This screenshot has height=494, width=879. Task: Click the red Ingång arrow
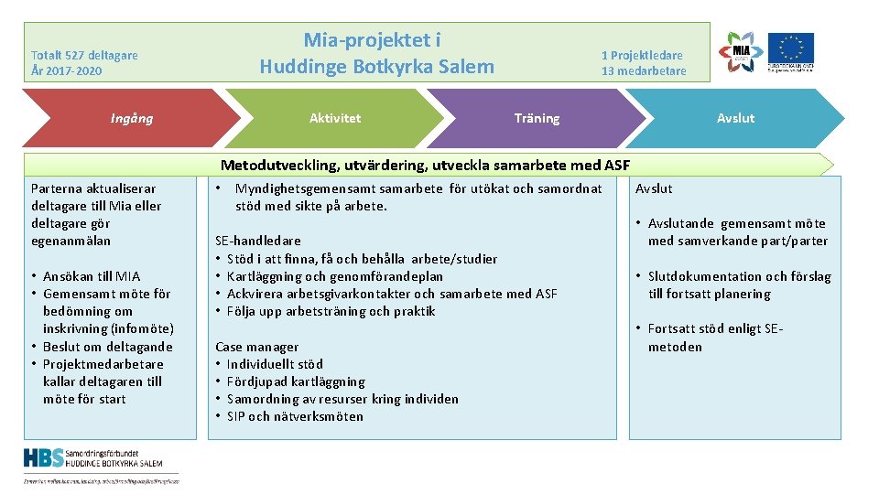(x=132, y=118)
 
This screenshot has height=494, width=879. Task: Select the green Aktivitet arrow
(x=335, y=118)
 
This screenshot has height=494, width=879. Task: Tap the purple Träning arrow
(x=537, y=118)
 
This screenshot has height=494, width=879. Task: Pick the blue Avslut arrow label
(x=735, y=118)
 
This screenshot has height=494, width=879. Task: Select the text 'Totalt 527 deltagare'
(x=84, y=55)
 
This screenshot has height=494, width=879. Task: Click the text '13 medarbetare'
(x=643, y=71)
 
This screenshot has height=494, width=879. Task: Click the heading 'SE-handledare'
(x=256, y=242)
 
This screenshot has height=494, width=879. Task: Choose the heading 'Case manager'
(x=256, y=347)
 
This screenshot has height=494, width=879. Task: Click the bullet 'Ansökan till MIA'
(x=92, y=276)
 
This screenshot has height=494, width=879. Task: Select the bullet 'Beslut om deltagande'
(x=107, y=347)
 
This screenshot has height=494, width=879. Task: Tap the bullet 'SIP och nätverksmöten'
(x=295, y=416)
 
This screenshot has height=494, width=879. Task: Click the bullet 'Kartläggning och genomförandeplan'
(x=334, y=276)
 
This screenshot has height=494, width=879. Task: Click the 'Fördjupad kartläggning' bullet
(x=296, y=381)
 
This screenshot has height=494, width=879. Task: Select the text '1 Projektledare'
(x=643, y=55)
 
